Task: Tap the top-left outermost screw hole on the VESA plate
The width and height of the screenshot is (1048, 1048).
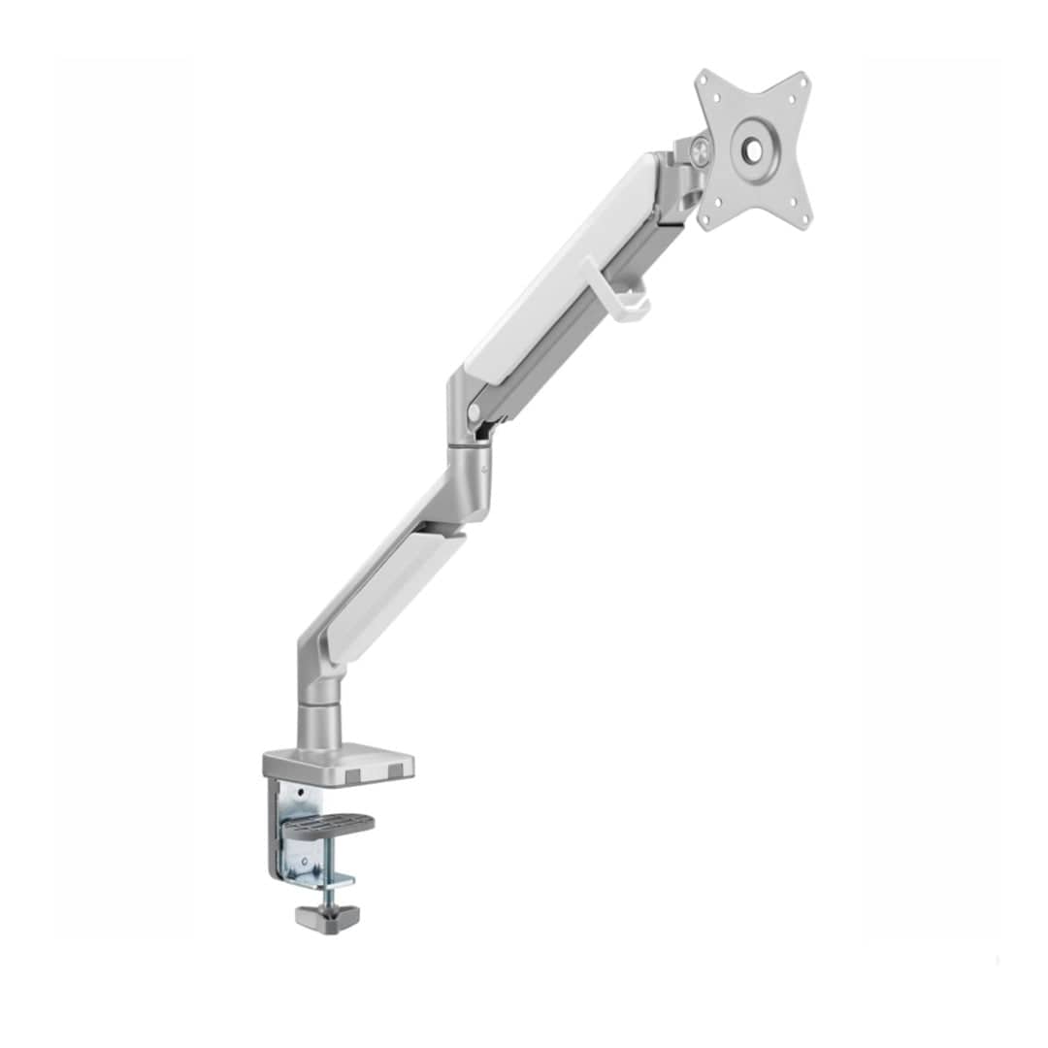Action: pyautogui.click(x=705, y=82)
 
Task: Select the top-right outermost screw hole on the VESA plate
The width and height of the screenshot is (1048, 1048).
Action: pyautogui.click(x=801, y=82)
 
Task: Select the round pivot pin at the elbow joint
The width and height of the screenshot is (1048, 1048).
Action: pyautogui.click(x=474, y=411)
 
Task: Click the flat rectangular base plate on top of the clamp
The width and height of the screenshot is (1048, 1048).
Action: pyautogui.click(x=340, y=762)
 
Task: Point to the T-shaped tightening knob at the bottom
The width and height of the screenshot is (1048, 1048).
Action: pyautogui.click(x=327, y=914)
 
